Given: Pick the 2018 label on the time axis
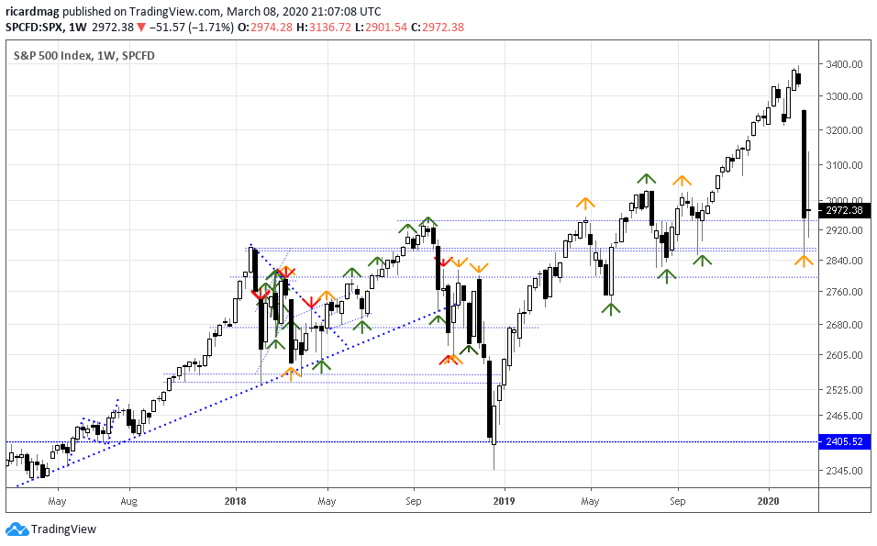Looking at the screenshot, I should [x=236, y=502].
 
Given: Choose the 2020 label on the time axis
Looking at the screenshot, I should [x=769, y=502].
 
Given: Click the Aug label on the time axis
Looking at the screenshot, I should [x=129, y=502].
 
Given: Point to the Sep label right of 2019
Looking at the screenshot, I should [x=677, y=502].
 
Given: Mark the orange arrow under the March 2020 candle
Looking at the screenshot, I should [x=804, y=262].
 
